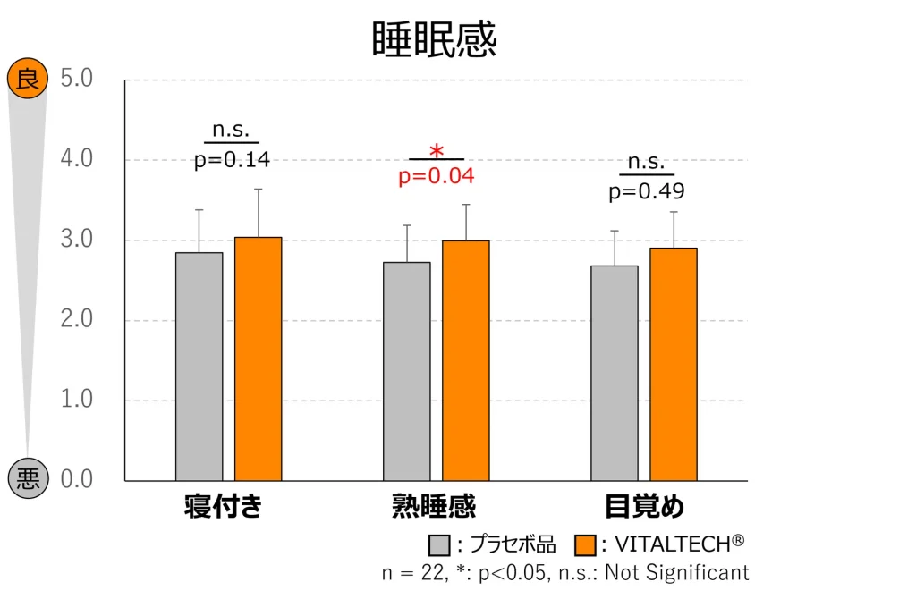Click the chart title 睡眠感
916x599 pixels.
[x=434, y=40]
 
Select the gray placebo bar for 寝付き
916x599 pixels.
[x=199, y=367]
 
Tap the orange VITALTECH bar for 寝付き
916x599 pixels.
[x=258, y=359]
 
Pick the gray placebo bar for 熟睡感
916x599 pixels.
[x=407, y=371]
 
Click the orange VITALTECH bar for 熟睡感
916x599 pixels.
[x=466, y=360]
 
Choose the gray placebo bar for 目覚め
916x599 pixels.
[x=615, y=373]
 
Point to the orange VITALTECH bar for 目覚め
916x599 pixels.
[x=674, y=364]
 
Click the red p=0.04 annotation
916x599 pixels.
[x=436, y=176]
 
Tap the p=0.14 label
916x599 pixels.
[x=232, y=161]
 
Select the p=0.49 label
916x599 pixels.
[x=647, y=191]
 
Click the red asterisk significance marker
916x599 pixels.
[x=437, y=150]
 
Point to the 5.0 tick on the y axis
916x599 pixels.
[x=77, y=79]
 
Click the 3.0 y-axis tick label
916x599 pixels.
[x=77, y=240]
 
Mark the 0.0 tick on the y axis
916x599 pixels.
[x=77, y=480]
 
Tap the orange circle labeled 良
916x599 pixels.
[x=27, y=80]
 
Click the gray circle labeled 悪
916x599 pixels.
[x=27, y=480]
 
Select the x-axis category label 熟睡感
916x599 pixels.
[x=434, y=507]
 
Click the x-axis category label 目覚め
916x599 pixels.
[x=644, y=507]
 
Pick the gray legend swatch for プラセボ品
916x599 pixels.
[x=439, y=544]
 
